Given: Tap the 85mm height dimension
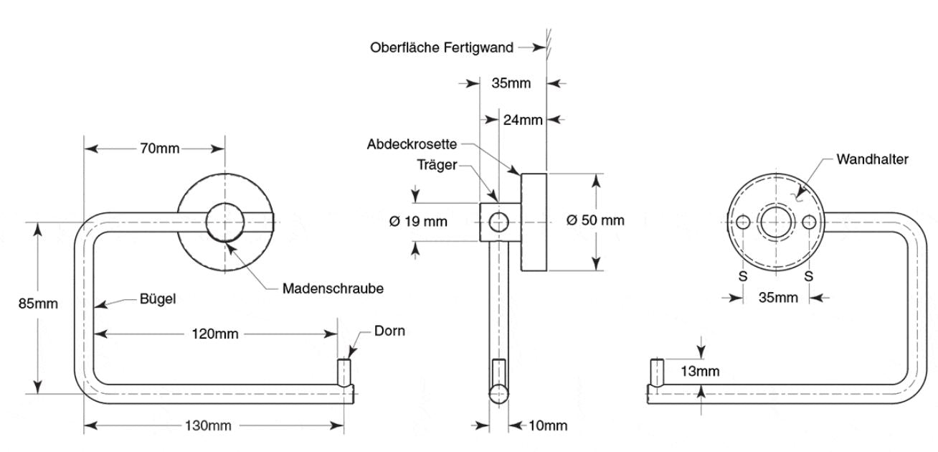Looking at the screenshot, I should (38, 303).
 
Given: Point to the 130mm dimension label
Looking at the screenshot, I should (209, 425).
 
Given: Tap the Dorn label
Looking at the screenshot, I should (389, 331).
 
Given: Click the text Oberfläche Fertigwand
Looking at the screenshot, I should (442, 48).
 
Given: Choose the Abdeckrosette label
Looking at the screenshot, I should (412, 144).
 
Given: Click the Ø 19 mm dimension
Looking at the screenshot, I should (419, 222).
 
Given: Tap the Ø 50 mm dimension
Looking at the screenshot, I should (595, 220).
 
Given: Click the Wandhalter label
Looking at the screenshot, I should (872, 159).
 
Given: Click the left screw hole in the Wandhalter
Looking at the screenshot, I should (744, 222).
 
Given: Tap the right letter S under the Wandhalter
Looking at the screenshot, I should (809, 276).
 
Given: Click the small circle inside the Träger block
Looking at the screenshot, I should (498, 222).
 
